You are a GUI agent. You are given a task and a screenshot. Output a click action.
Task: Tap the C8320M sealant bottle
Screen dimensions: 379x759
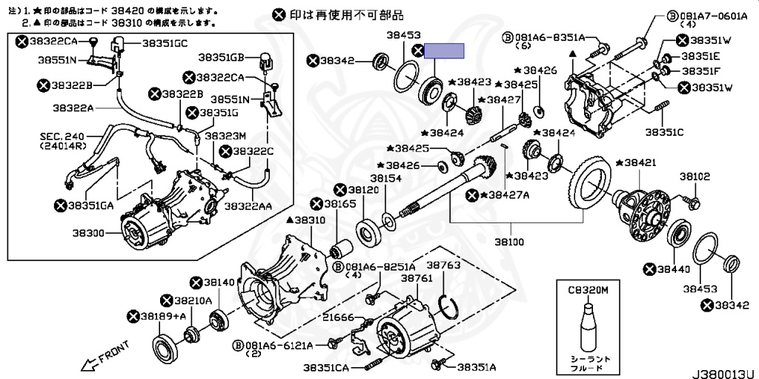click(587, 326)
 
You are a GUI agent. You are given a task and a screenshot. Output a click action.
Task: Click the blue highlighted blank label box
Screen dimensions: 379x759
click(448, 51)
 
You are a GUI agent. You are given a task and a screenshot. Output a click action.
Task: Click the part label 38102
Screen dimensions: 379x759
click(695, 177)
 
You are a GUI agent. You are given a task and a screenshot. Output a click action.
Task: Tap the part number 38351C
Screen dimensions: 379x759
click(663, 133)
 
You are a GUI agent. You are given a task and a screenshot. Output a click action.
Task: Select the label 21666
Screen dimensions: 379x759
click(339, 317)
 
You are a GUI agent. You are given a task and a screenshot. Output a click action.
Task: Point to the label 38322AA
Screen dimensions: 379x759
click(248, 205)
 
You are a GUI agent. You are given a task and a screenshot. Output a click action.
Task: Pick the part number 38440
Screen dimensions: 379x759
click(674, 270)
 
